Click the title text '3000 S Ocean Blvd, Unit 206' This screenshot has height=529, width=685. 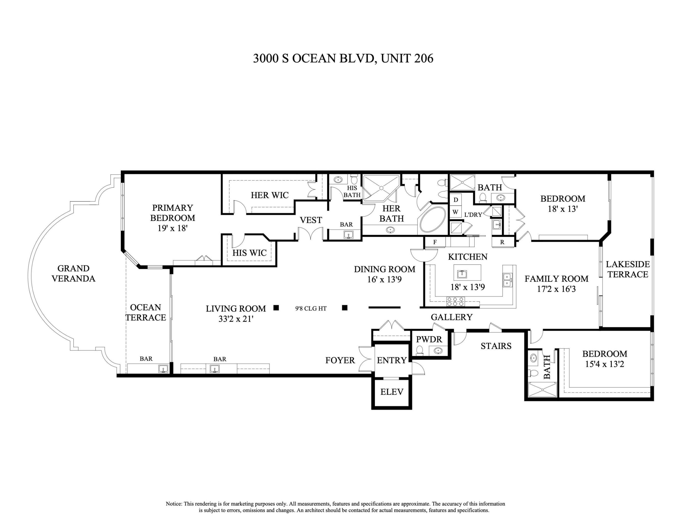point(343,59)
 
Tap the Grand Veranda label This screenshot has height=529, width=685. point(73,273)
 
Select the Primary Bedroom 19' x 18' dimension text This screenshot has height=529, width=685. point(172,228)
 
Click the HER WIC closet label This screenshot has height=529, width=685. point(269,195)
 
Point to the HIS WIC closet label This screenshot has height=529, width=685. point(249,253)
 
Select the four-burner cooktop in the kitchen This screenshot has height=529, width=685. point(455,302)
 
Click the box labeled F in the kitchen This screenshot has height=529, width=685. point(435,242)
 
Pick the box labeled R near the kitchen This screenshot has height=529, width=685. point(502,242)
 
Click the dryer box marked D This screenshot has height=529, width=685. point(456,200)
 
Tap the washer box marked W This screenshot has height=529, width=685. point(455,212)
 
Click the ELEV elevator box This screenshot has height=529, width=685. point(391,392)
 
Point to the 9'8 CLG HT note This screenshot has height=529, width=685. point(311,308)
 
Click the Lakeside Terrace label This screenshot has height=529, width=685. point(627,269)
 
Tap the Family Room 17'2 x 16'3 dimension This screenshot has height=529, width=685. point(556,289)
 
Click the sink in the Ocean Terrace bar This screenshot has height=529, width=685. point(162,369)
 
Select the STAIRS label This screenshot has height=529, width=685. point(496,346)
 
